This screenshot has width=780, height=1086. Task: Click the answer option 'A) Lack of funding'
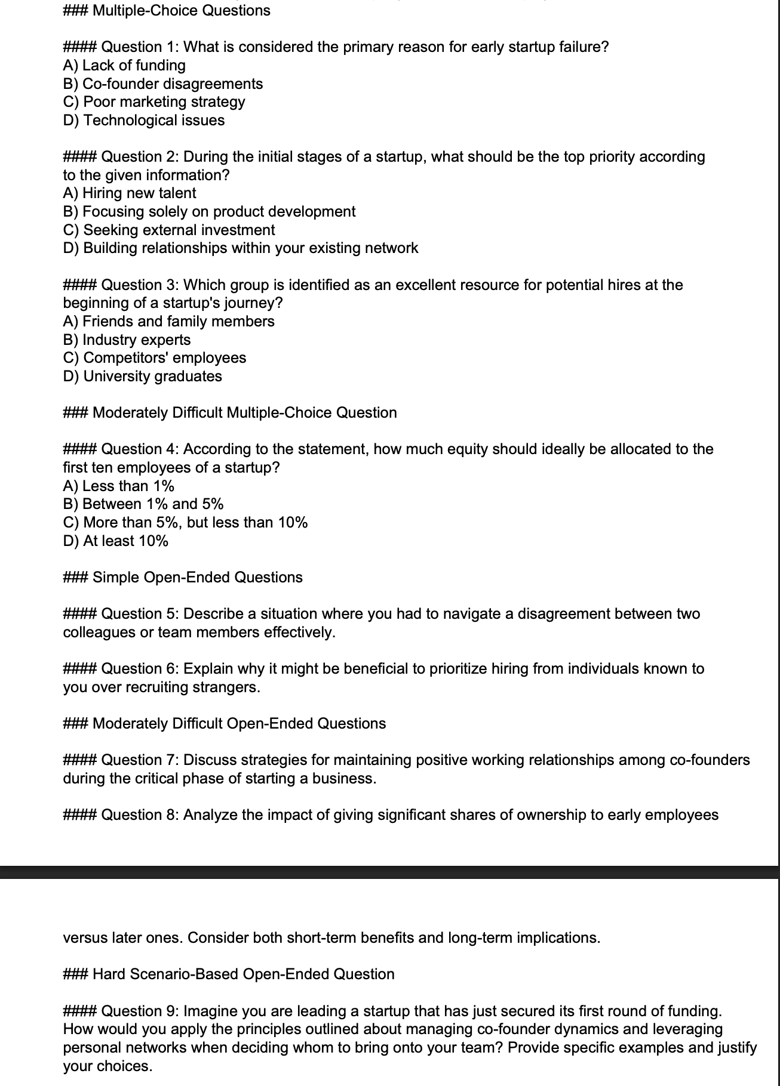point(124,66)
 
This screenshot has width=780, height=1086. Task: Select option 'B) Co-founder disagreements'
point(162,84)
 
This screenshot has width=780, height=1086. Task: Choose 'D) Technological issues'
point(144,121)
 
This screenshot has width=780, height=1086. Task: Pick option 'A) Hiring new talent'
point(130,193)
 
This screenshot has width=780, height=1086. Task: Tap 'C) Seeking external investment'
point(169,230)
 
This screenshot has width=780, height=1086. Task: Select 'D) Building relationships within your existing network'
point(241,248)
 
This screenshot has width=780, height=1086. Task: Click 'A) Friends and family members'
point(168,322)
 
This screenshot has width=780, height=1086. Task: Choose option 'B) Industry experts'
point(127,340)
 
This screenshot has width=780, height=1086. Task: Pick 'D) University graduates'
point(142,377)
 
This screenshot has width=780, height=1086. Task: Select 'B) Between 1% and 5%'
point(143,504)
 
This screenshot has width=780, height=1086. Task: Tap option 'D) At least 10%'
point(116,541)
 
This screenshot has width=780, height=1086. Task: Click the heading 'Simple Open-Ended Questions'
point(197,578)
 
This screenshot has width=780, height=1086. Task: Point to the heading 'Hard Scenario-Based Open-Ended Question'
point(243,974)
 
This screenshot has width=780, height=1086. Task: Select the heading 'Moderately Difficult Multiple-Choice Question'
point(244,413)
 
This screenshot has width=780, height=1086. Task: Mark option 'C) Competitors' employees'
point(154,358)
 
